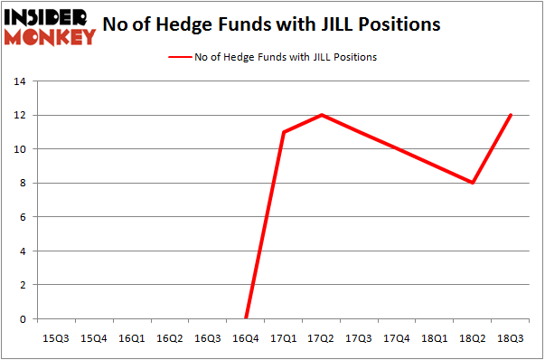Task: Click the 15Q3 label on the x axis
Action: coord(54,337)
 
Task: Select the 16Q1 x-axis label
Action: coord(130,337)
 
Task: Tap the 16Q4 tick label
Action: coord(245,337)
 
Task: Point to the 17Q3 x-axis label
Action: coord(359,337)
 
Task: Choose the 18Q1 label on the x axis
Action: coord(436,337)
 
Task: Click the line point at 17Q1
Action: coord(284,132)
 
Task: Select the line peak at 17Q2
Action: coord(322,115)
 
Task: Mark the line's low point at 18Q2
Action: coord(474,183)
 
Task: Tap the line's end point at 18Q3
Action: coord(512,115)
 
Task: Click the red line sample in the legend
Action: coord(179,57)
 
